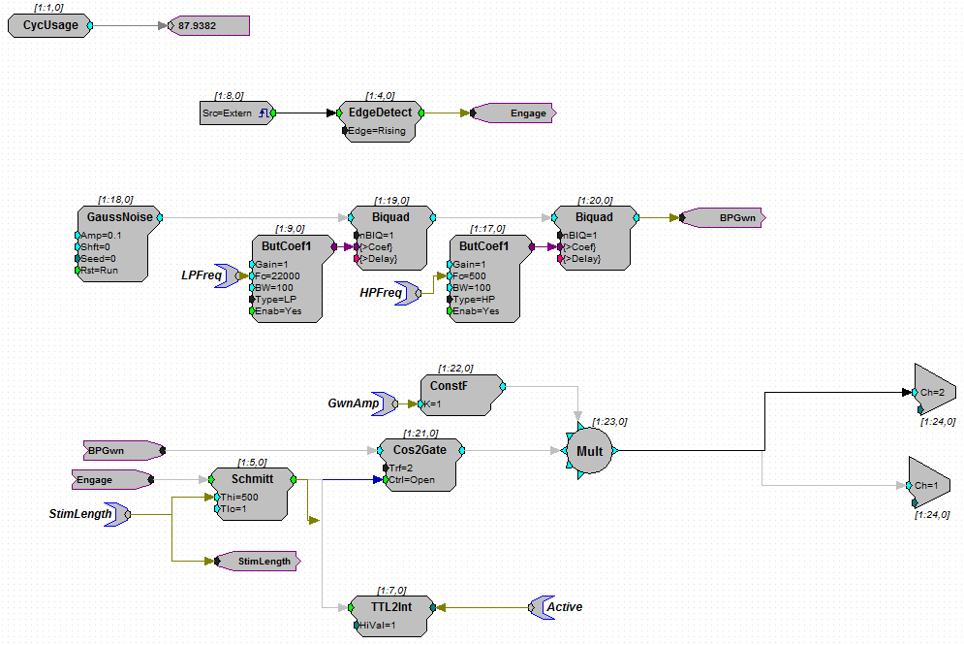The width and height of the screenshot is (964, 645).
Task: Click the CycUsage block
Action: coord(49,26)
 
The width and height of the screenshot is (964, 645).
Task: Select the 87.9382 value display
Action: coord(209,26)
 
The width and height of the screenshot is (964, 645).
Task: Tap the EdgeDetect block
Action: coord(380,120)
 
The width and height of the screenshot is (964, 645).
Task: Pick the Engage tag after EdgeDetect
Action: coord(513,113)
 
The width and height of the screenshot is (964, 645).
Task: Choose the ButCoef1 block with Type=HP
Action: coord(489,276)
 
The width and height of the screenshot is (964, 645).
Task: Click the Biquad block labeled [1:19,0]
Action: coord(390,237)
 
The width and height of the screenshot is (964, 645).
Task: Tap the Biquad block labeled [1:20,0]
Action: coord(594,237)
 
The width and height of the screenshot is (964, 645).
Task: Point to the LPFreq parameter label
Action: coord(202,275)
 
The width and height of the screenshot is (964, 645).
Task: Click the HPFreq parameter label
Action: coord(381,291)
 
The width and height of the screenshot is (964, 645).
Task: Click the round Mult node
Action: coord(590,451)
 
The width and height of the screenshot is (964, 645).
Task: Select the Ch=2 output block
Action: coord(932,392)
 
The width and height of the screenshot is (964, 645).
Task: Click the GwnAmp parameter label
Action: coord(353,403)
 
